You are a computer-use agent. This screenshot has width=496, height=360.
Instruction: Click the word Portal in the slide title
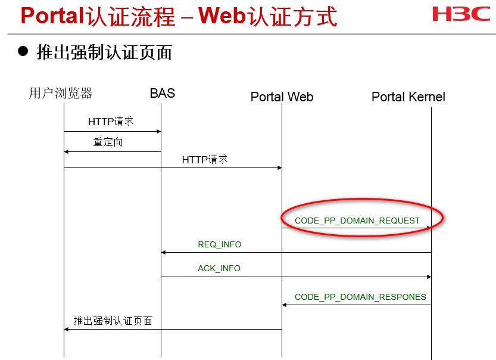coord(51,16)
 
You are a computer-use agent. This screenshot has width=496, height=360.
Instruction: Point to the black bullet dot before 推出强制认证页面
coord(23,52)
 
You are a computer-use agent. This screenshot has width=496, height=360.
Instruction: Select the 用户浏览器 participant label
coord(61,93)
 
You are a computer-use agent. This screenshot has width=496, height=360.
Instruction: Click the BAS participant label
coord(162,93)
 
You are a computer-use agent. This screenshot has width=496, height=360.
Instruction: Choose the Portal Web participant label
coord(282,97)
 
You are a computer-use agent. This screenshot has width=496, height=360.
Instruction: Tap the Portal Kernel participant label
coord(408,97)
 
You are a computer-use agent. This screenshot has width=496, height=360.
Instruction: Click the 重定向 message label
coord(108,142)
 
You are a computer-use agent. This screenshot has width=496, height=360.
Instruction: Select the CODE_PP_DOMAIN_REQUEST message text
coord(357,221)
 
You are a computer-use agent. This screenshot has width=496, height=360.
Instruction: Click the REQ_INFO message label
coord(220,244)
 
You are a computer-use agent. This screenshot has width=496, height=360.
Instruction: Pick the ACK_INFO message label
coord(219,268)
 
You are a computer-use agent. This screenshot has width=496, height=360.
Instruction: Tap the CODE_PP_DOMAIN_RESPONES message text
coord(360,296)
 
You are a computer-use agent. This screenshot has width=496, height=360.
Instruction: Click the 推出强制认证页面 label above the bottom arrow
coord(113,321)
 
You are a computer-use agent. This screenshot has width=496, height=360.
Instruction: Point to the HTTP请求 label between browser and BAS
coord(111,122)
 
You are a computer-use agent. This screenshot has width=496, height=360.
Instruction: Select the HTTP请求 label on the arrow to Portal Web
coord(205,159)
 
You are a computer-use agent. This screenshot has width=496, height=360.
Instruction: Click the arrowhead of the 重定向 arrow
coord(67,151)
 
